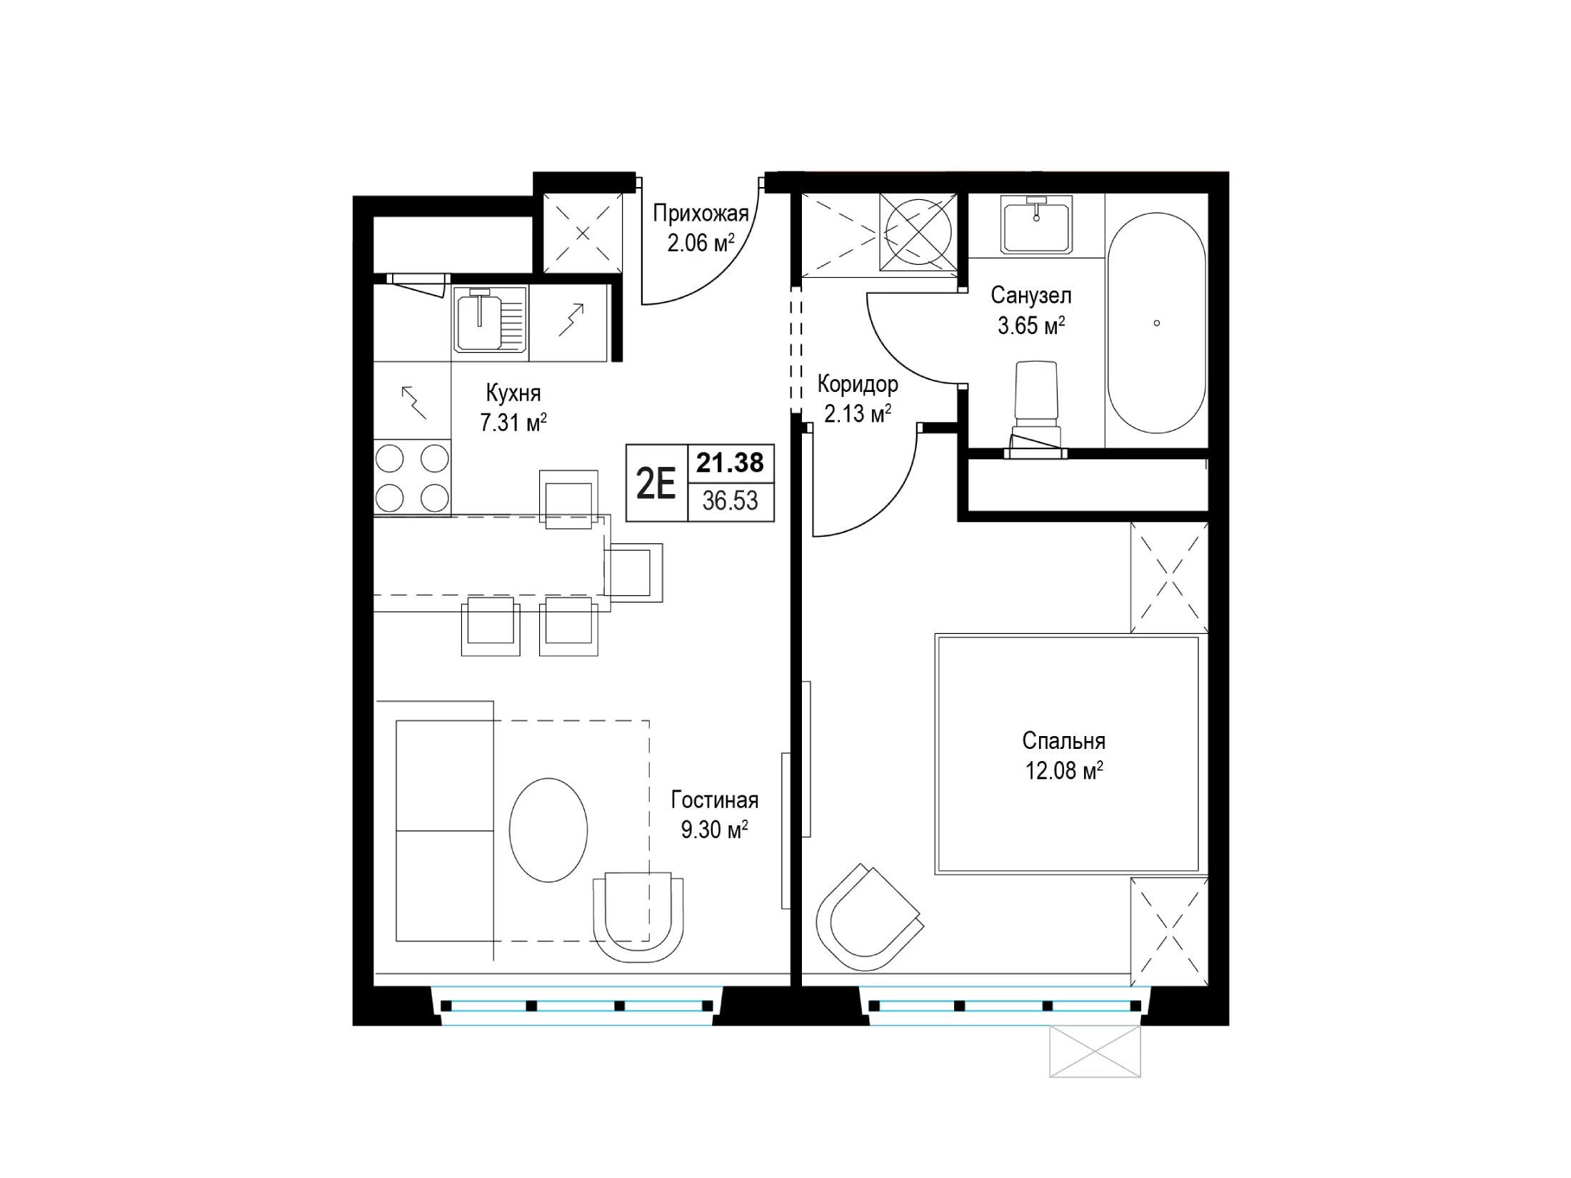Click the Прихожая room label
point(701,213)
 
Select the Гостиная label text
point(714,800)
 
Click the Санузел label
point(1031,295)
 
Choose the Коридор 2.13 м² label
point(858,398)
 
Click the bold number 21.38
point(731,463)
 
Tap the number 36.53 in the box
point(730,500)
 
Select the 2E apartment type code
point(656,485)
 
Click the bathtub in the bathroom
point(1156,323)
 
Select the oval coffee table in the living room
point(548,830)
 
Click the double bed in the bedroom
point(1068,754)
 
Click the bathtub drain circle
point(1157,323)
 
